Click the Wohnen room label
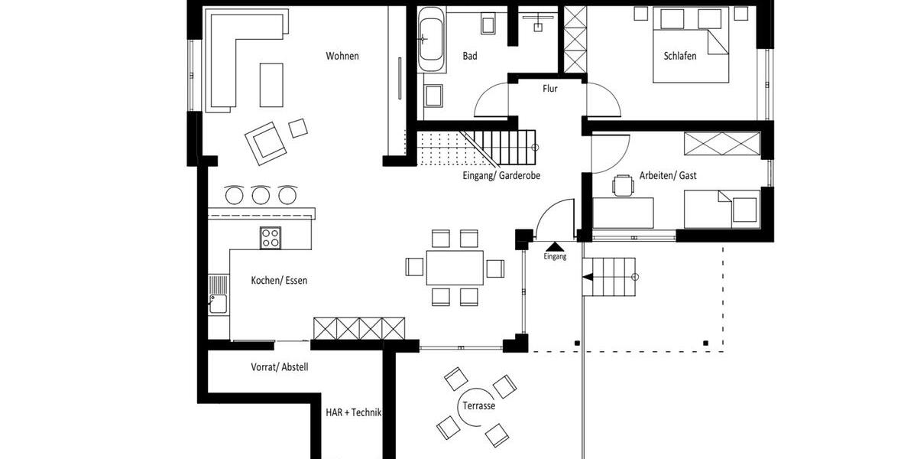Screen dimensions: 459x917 342,56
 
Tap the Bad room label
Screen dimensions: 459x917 470,56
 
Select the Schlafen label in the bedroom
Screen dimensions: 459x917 679,56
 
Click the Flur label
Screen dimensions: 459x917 549,89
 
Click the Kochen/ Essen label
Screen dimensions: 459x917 279,281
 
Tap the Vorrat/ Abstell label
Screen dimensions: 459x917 280,367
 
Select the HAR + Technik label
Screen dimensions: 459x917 352,412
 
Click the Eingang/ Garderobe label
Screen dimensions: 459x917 501,175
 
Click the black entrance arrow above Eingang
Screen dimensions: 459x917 555,246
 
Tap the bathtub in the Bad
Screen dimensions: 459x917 430,34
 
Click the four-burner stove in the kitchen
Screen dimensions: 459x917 271,238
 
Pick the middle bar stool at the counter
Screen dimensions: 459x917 261,195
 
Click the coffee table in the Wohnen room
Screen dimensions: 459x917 271,84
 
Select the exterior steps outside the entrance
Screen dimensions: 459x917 609,276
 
